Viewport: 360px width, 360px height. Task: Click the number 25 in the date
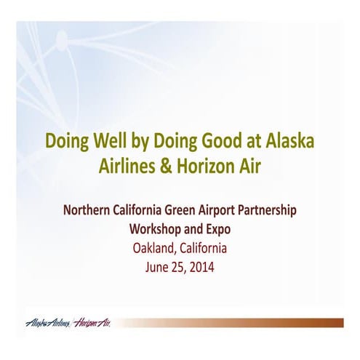[177, 266]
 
